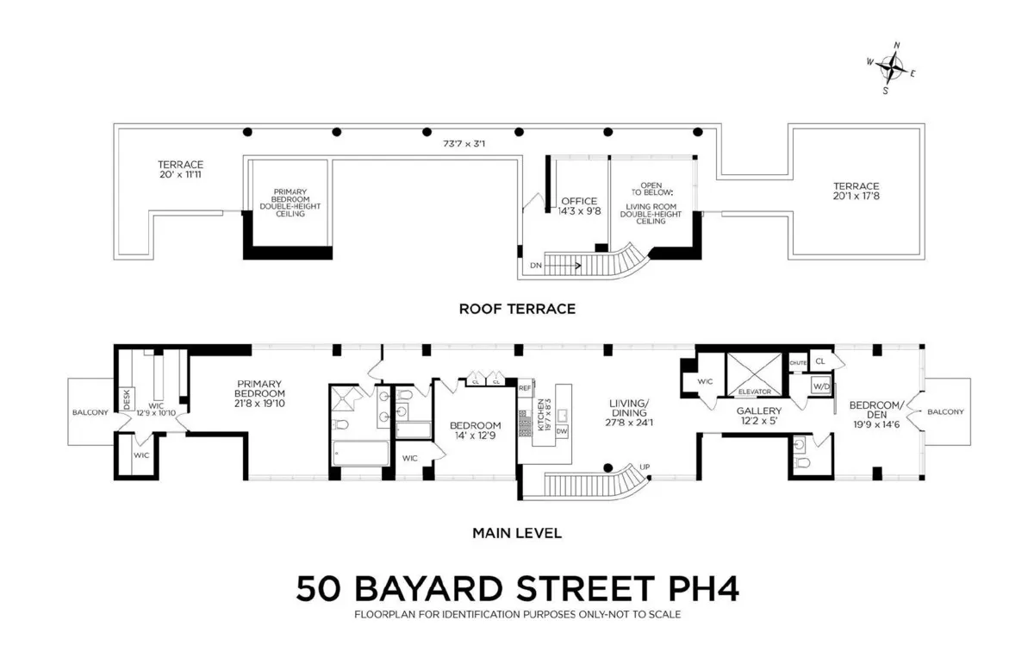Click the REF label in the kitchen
click(x=525, y=388)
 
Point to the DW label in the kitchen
click(x=562, y=430)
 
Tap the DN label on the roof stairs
click(x=536, y=266)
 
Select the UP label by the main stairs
click(x=645, y=467)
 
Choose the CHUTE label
click(x=798, y=363)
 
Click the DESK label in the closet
click(x=127, y=398)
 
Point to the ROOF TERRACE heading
click(x=517, y=308)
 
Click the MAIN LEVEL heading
click(x=517, y=533)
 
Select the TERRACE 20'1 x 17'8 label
click(x=856, y=191)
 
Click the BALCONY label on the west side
click(x=90, y=412)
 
